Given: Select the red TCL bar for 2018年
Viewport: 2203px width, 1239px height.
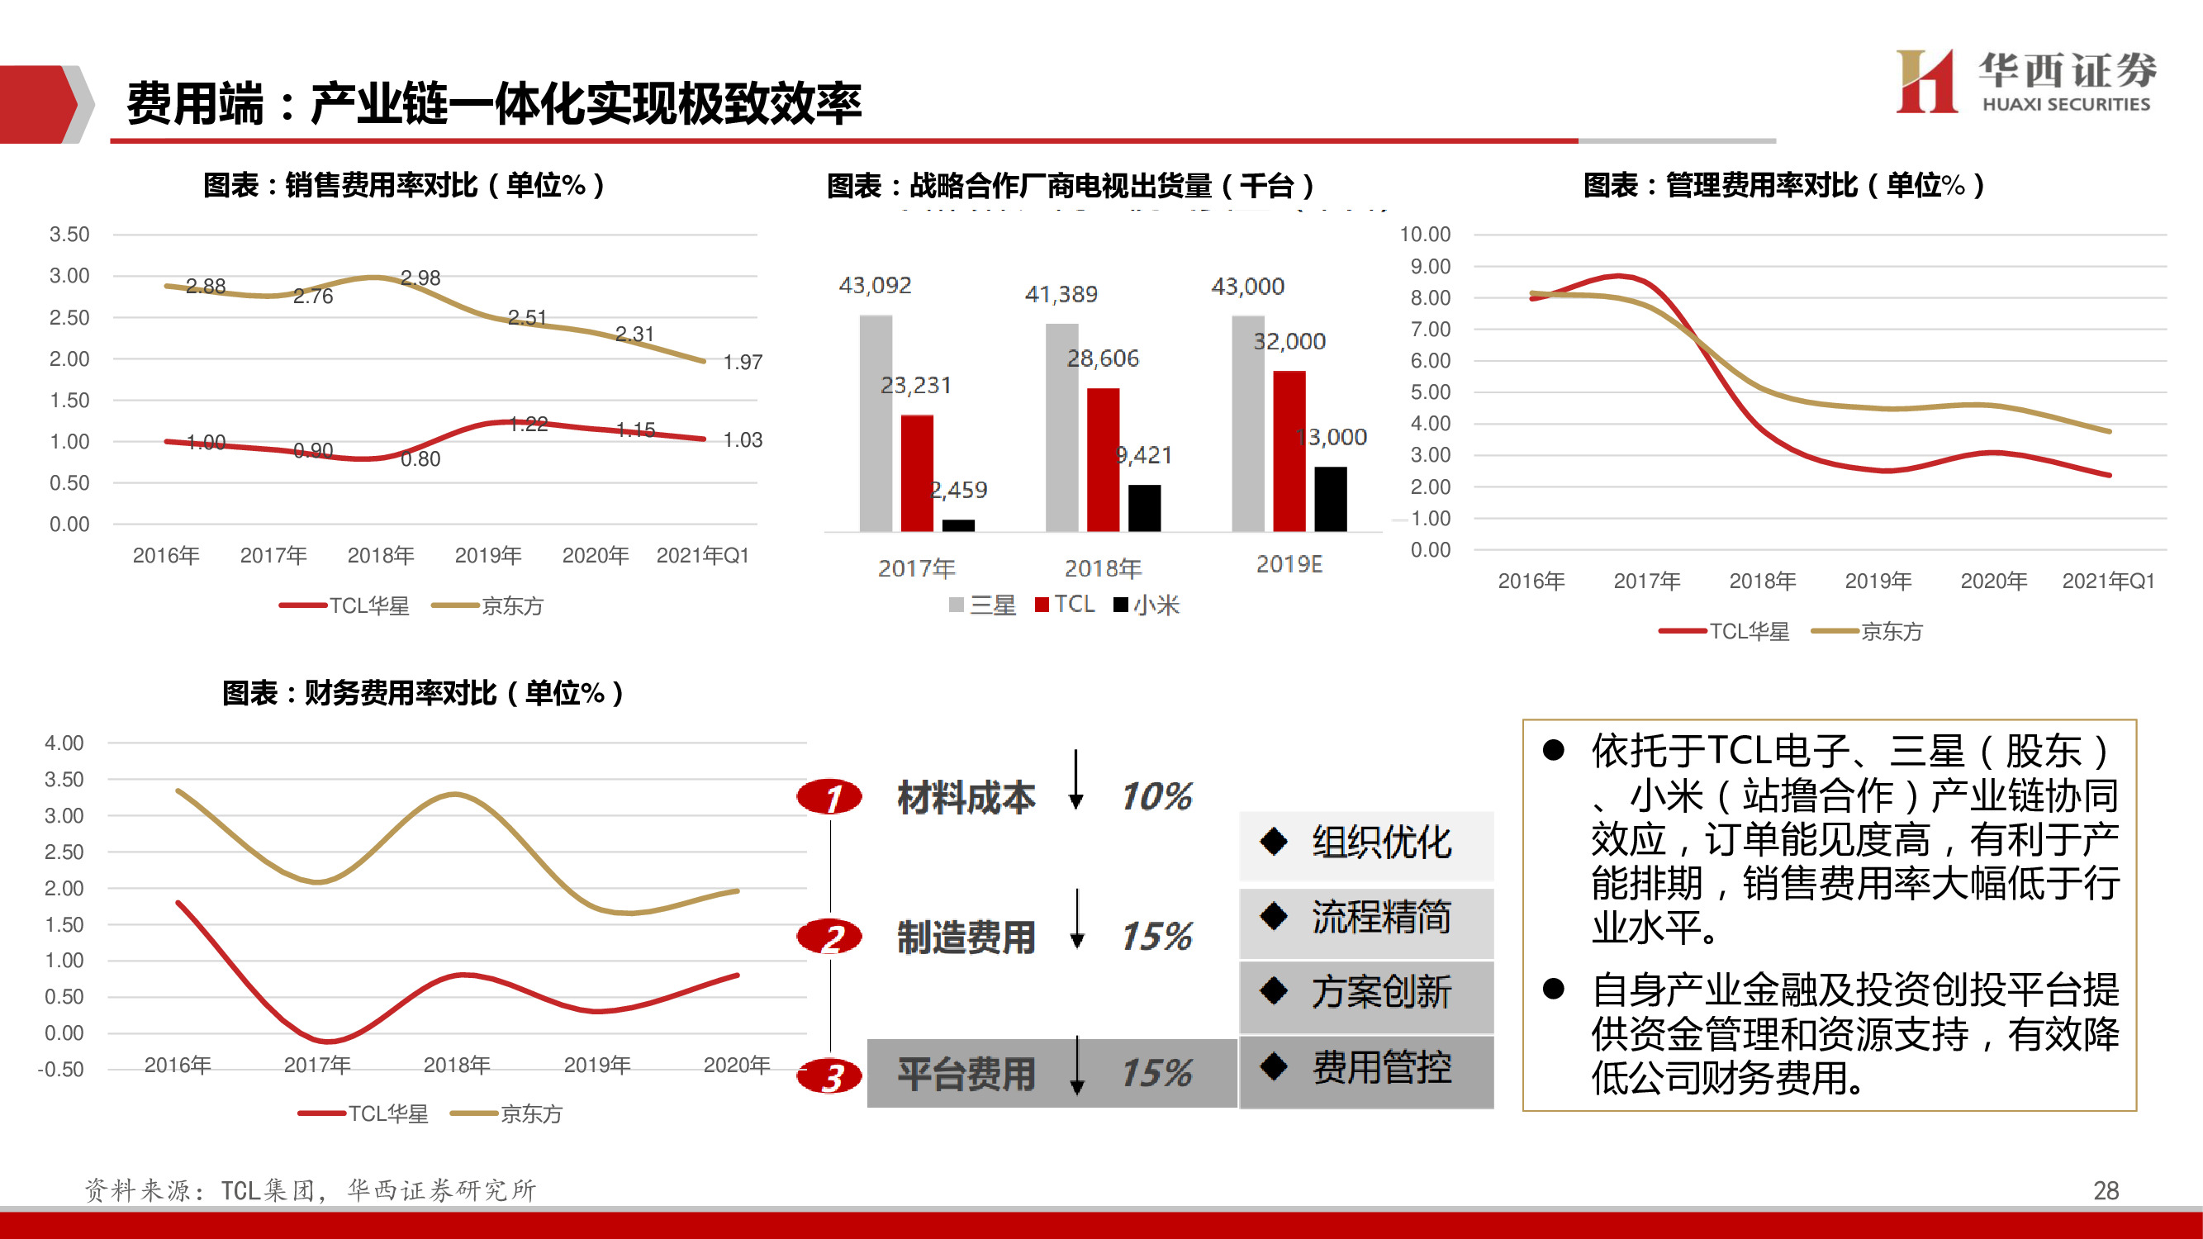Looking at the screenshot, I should (x=1103, y=460).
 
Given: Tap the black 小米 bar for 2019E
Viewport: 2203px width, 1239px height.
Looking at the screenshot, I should (x=1330, y=500).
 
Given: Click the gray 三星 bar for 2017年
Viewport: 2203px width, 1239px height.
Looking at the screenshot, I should (x=876, y=423).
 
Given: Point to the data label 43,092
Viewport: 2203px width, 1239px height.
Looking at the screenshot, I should (x=875, y=286).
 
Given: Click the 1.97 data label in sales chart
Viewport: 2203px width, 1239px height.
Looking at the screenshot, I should (x=743, y=363).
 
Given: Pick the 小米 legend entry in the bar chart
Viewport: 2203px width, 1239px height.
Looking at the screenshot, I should (x=1147, y=605).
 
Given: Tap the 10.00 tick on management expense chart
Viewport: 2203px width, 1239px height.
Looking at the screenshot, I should (x=1424, y=235).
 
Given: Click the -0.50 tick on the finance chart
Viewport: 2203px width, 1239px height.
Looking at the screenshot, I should (x=61, y=1070).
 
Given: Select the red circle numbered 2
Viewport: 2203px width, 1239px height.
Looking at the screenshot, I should (x=829, y=938).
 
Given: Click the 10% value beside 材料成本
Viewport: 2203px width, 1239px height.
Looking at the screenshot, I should (x=1156, y=797).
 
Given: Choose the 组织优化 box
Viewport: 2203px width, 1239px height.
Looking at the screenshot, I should (x=1365, y=843).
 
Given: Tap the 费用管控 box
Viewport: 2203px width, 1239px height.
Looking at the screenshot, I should (x=1365, y=1068).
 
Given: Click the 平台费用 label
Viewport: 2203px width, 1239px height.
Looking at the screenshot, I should (x=966, y=1074).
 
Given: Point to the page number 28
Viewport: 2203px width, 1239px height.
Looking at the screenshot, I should (x=2106, y=1190).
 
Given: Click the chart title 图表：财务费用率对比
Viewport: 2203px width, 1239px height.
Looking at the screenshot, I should (x=422, y=693).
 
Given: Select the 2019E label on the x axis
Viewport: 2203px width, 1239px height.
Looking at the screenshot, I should (x=1289, y=564).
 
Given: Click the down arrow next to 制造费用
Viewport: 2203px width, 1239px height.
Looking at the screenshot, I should (x=1078, y=919).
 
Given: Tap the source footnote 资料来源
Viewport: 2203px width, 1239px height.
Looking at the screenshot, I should (x=310, y=1190).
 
